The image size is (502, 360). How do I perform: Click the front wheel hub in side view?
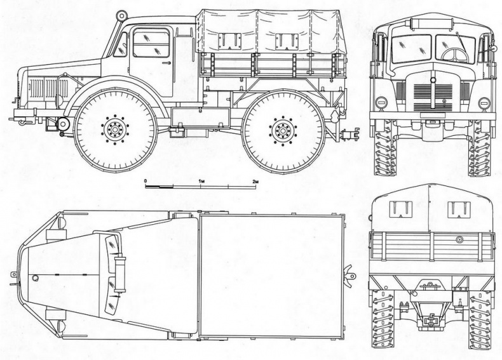coord(116,130)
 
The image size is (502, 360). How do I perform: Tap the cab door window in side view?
coord(151,44)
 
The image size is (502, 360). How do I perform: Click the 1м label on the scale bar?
coord(201,182)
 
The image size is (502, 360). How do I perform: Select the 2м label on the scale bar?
coord(255,182)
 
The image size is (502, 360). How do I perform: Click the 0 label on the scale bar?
coord(146,182)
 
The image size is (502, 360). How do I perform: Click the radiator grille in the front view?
coord(433,96)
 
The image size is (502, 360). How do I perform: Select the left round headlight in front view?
coord(381,102)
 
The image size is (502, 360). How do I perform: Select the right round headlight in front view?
coord(484,102)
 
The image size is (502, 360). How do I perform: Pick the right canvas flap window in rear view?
coord(459,209)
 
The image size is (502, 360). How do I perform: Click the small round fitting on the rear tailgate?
coord(459,239)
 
